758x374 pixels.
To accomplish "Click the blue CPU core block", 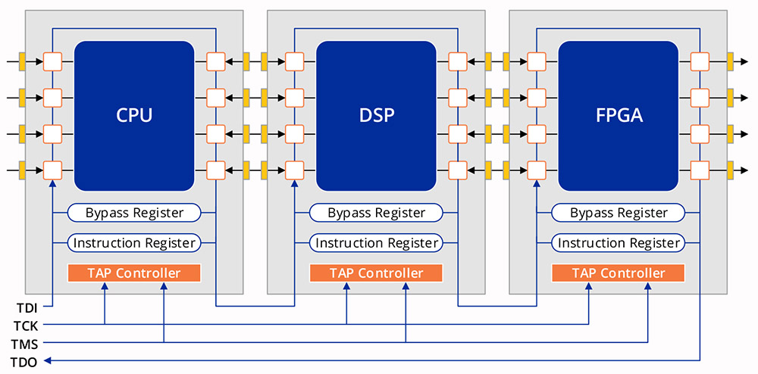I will point(134,115).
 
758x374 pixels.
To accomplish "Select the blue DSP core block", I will point(376,115).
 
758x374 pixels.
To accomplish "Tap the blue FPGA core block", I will point(618,115).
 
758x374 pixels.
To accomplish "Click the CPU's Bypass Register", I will point(134,213).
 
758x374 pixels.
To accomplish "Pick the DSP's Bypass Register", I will point(377,213).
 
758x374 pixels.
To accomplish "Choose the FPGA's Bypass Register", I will point(619,213).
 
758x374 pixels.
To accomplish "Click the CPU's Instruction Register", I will point(134,243).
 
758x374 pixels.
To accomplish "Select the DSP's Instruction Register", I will point(377,243).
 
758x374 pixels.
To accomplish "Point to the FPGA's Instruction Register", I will point(619,243).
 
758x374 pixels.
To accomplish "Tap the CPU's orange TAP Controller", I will point(134,273).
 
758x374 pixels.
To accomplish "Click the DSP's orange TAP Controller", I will point(377,273).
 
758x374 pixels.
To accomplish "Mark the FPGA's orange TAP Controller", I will point(619,273).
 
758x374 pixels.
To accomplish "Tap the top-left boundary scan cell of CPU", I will point(52,61).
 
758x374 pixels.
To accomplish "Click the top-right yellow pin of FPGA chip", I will point(731,61).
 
